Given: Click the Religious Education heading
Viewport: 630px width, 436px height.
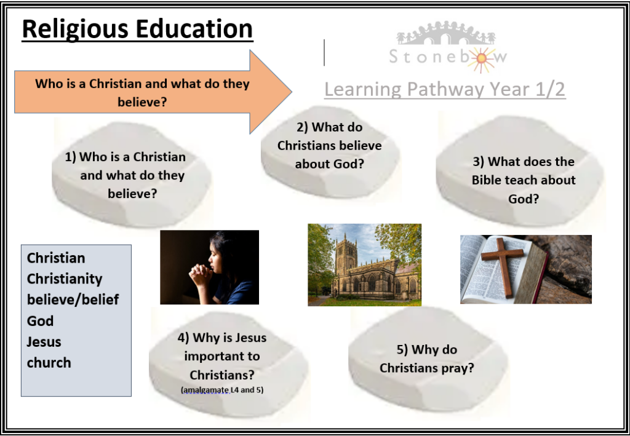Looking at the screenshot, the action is click(137, 30).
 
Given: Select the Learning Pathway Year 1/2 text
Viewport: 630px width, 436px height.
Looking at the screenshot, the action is click(445, 89).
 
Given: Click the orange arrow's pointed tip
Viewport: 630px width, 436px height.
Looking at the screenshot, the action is click(292, 92).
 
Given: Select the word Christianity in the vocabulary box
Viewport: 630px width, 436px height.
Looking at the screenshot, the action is click(64, 279).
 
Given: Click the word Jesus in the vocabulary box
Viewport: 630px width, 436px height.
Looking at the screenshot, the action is click(44, 342).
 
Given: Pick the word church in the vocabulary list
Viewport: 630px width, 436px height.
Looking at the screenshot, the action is click(49, 363).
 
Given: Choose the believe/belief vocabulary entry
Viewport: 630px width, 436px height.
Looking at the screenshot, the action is click(73, 299).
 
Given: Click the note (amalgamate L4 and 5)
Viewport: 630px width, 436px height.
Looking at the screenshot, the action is click(222, 389).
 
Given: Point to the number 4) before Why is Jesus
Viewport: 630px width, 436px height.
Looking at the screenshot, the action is click(183, 338).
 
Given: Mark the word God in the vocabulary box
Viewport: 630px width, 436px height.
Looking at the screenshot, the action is click(40, 321).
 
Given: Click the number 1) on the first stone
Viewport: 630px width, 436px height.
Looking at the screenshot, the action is click(70, 157).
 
